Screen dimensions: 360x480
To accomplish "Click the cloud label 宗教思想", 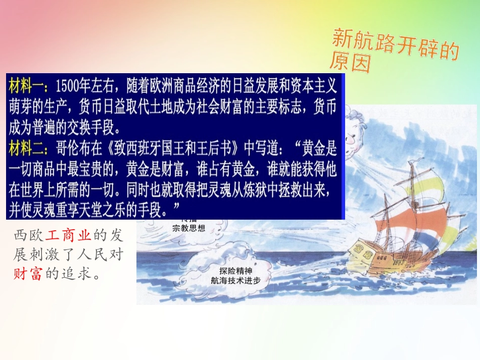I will pyautogui.click(x=187, y=228).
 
